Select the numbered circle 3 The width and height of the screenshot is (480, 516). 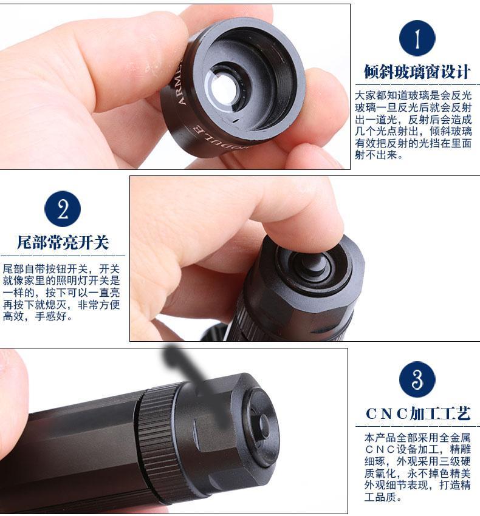[417, 379]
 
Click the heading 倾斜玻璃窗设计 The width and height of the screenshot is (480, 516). [417, 72]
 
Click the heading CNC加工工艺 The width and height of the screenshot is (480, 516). [418, 414]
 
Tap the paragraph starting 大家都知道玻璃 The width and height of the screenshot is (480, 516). [413, 125]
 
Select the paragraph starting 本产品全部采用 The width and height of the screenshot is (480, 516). [417, 467]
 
